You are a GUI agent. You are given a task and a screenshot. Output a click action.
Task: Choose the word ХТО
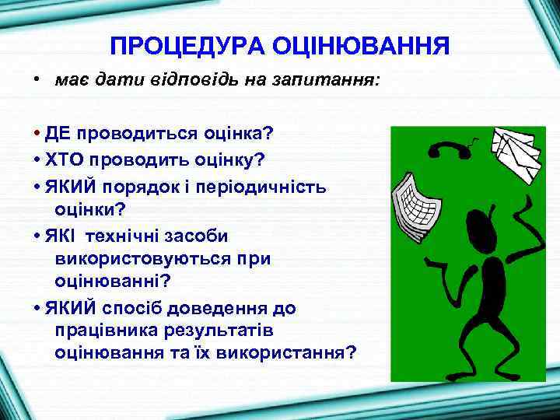click(x=63, y=159)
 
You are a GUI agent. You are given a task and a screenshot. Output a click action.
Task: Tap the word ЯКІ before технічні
click(x=60, y=236)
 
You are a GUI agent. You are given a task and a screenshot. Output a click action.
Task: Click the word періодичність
click(x=266, y=187)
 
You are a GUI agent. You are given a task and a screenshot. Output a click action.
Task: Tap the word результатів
click(x=217, y=331)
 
